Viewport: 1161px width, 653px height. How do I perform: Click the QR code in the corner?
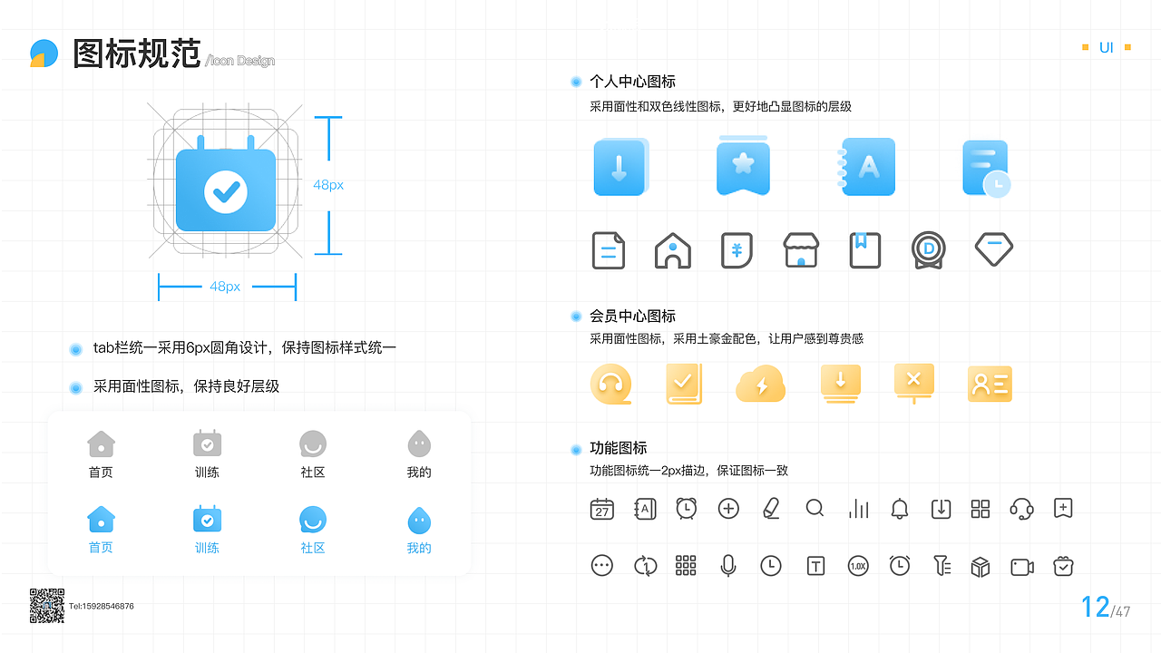click(47, 606)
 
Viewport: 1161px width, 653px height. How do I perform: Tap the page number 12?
click(1095, 607)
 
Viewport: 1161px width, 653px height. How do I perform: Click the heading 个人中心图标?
click(632, 82)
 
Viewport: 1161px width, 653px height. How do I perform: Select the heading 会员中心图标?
click(632, 317)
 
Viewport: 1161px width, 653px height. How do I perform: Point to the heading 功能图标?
click(618, 448)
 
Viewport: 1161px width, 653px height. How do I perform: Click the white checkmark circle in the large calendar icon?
click(225, 190)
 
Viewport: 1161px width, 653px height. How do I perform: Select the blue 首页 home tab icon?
click(101, 520)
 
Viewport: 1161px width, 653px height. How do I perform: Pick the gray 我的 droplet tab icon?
click(419, 443)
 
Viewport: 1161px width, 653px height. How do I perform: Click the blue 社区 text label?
click(313, 548)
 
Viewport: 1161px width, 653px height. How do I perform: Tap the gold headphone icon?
click(610, 385)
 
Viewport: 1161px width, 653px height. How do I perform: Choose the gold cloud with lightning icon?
click(760, 385)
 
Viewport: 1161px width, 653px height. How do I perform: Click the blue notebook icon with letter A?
click(868, 167)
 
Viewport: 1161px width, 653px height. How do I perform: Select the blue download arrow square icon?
click(620, 167)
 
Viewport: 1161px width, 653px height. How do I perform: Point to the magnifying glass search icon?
click(815, 509)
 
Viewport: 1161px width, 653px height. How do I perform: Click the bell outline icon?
click(899, 509)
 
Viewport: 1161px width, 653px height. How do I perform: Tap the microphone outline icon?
click(727, 566)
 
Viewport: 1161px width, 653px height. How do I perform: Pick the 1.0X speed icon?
click(858, 566)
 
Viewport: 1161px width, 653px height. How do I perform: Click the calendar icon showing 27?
click(602, 509)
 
